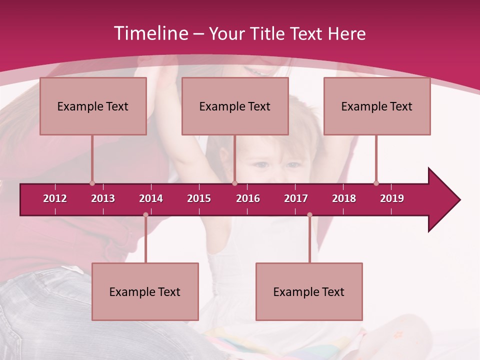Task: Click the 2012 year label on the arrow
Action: point(55,198)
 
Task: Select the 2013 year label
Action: point(103,198)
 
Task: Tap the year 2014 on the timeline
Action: point(151,198)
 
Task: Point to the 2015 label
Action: point(199,198)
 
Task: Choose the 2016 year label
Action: point(248,198)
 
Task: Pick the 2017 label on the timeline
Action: point(296,198)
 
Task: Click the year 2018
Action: point(344,198)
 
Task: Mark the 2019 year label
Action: point(392,198)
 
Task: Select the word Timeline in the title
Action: point(150,33)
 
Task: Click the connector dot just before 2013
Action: point(92,183)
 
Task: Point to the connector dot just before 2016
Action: point(234,183)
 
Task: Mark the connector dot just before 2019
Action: point(376,183)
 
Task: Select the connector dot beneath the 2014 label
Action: point(145,215)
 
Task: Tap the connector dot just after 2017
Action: point(309,215)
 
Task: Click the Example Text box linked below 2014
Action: point(145,291)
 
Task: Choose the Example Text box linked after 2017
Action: point(309,291)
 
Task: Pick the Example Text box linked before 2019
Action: point(377,106)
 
